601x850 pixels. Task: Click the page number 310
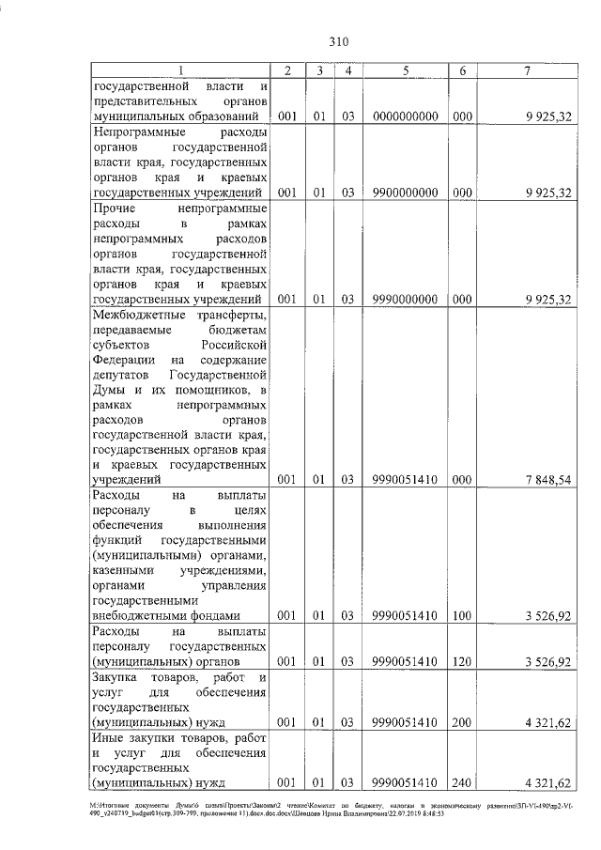click(339, 41)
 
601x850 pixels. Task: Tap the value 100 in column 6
click(462, 616)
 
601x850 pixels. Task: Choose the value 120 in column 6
click(462, 662)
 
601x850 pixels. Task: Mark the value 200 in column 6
click(462, 724)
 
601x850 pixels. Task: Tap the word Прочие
click(116, 208)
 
